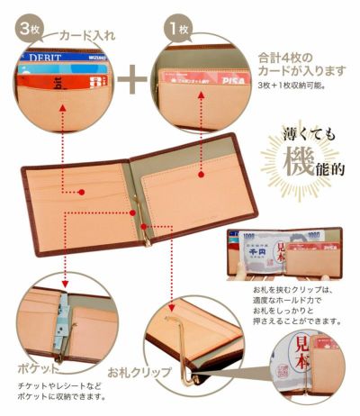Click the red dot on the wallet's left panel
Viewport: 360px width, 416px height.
pyautogui.click(x=79, y=192)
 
